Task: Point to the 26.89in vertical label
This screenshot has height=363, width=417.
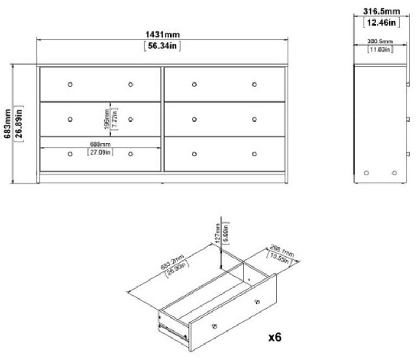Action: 20,124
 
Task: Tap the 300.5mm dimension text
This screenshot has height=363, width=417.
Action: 380,41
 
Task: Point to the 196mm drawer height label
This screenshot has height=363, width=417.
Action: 107,118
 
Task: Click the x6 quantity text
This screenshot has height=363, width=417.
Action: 275,337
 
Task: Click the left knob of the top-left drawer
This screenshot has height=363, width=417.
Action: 70,84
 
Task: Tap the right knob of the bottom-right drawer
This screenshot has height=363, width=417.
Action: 254,154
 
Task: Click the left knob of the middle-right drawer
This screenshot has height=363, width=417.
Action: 194,119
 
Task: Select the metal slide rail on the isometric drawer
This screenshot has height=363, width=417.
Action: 168,327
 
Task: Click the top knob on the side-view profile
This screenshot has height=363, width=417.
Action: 407,84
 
